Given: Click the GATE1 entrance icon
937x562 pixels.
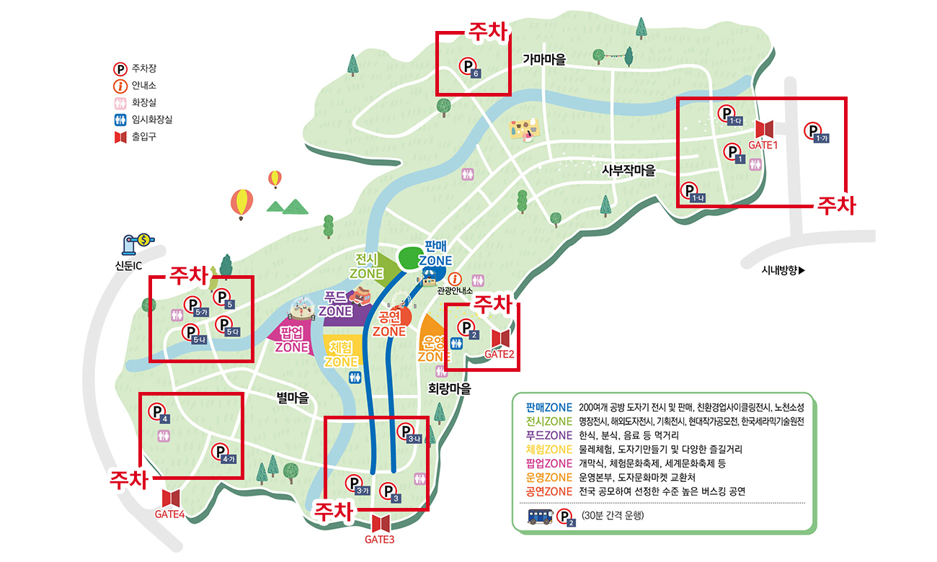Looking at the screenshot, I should (x=764, y=130).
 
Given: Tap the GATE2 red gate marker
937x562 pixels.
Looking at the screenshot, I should (x=500, y=338).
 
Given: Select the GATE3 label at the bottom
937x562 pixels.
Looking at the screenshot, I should (x=380, y=539).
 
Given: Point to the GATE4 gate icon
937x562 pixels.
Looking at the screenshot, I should (x=171, y=498).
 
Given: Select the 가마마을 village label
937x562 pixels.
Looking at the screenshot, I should (x=544, y=59).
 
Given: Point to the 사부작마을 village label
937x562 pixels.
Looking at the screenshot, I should (x=629, y=170).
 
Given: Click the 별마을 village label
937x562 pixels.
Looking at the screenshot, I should (x=293, y=397).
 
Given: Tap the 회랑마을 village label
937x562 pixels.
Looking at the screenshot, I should (x=449, y=388).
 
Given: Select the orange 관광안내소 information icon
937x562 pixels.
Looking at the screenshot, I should (x=455, y=279).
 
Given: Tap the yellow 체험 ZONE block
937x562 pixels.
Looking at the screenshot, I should (x=341, y=351).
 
